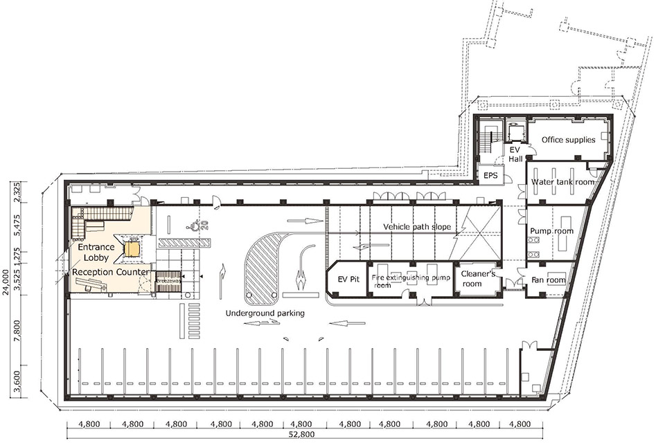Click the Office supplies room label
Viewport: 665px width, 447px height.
point(568,140)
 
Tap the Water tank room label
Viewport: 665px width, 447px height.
point(562,182)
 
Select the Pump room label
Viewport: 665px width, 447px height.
point(551,230)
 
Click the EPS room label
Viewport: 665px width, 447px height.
point(490,175)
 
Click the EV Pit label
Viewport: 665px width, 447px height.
point(345,280)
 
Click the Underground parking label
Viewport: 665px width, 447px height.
point(265,313)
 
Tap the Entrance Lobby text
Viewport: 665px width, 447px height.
point(91,252)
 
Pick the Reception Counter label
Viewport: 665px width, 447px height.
point(112,273)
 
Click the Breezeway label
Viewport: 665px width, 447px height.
point(168,282)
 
